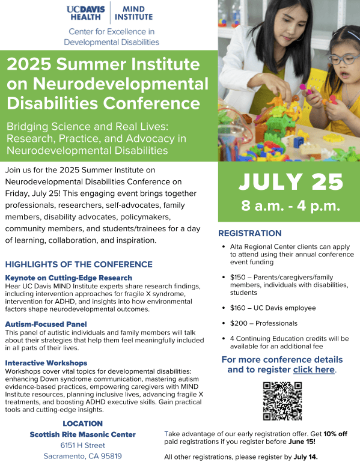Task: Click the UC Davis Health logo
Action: [x=86, y=13]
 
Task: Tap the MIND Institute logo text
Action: [x=133, y=13]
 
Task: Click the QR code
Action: [x=282, y=401]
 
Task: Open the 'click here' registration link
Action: [x=314, y=369]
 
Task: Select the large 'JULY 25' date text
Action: [x=291, y=181]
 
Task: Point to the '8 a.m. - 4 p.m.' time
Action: [x=290, y=205]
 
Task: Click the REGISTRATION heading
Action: [x=250, y=233]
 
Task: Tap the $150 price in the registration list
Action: [x=238, y=278]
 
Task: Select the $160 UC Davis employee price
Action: [x=238, y=308]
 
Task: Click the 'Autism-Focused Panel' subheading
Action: [x=46, y=324]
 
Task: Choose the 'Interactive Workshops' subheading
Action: [x=46, y=363]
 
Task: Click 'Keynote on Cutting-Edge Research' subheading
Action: [x=69, y=278]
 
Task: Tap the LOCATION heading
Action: [x=82, y=424]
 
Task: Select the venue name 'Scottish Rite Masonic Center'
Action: [x=82, y=434]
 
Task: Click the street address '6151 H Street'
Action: [x=82, y=445]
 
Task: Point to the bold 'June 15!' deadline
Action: [x=302, y=442]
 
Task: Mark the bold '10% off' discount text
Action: [x=335, y=434]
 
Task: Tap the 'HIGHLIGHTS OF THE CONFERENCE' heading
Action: [x=79, y=264]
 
